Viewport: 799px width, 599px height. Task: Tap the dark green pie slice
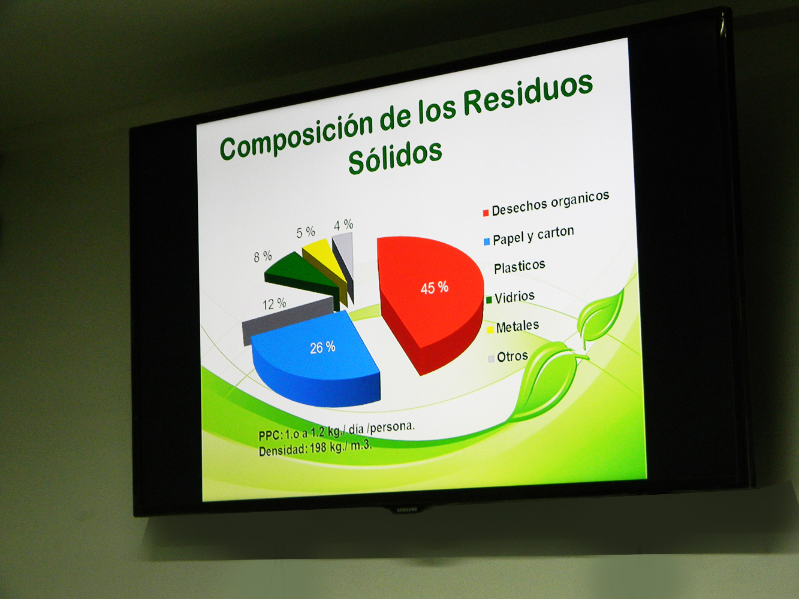[300, 274]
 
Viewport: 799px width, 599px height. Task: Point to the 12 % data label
[275, 304]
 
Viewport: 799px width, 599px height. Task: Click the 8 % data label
[263, 257]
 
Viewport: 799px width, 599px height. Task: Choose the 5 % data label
[306, 232]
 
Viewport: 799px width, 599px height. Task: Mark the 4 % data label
[343, 225]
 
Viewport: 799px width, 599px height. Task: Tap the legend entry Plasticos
[520, 267]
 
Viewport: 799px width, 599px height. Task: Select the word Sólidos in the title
[394, 157]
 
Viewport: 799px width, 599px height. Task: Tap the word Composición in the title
[296, 136]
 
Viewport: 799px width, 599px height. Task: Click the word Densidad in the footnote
[283, 450]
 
